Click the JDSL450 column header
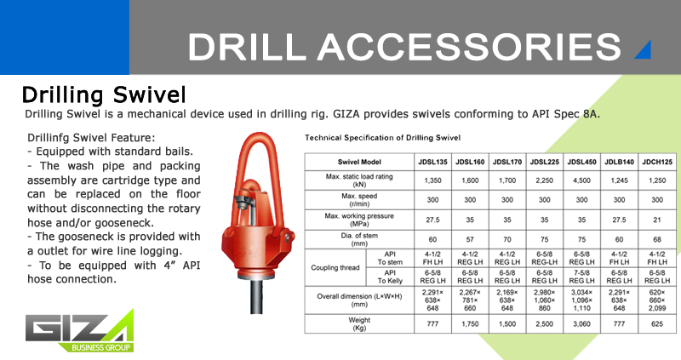pos(581,162)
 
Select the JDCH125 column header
pos(657,162)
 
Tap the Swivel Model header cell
pos(359,162)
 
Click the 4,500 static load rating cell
pos(581,180)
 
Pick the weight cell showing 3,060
pos(581,324)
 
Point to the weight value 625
pos(657,324)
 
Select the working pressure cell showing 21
pos(657,220)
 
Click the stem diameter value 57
pos(470,239)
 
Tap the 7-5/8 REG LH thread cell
pos(581,277)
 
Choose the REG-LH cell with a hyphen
pos(544,258)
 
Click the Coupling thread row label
pos(335,267)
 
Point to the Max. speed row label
pos(359,200)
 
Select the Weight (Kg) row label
pos(359,324)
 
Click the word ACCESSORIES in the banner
pos(469,47)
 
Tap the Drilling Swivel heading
pos(104,95)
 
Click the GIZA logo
pos(79,330)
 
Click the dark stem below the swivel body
pos(256,295)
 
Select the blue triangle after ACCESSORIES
pos(644,51)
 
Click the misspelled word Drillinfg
pos(48,138)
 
